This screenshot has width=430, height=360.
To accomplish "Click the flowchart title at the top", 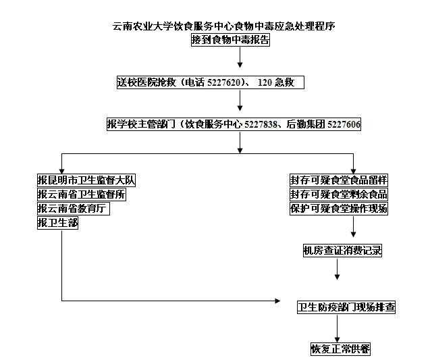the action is pos(223,26).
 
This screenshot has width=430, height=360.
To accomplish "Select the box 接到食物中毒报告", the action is pos(230,40).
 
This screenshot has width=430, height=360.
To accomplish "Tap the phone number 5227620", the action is pos(223,82).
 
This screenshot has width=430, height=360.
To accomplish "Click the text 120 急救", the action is pos(276,82).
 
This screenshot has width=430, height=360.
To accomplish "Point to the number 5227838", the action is pos(261,124).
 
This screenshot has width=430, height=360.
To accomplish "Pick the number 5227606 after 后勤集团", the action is pos(344,124).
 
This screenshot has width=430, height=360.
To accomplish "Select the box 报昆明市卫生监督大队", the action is pos(86,180).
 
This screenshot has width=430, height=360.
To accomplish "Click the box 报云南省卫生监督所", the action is pos(82,195).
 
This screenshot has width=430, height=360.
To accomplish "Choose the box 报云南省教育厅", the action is pos(74,209).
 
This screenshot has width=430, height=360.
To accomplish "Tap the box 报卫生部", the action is pos(57,222).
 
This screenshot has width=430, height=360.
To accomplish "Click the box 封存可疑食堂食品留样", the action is pos(339,180).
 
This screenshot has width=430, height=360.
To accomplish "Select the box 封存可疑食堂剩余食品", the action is pos(339,195).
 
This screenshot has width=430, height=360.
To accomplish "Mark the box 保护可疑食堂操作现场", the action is pos(339,209).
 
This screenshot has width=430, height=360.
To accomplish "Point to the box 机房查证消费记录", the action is pos(342,251).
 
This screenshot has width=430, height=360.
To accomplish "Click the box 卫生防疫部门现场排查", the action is pos(346,307).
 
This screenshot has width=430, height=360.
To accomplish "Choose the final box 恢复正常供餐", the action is pos(340,349).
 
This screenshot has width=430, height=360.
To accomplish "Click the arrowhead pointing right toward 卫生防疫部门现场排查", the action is pos(277,301).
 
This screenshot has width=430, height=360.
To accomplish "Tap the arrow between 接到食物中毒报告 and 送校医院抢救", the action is pos(240,57).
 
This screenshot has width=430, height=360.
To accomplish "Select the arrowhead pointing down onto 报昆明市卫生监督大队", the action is pos(61,172).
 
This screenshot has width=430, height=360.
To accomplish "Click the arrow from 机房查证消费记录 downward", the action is pos(338,269).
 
